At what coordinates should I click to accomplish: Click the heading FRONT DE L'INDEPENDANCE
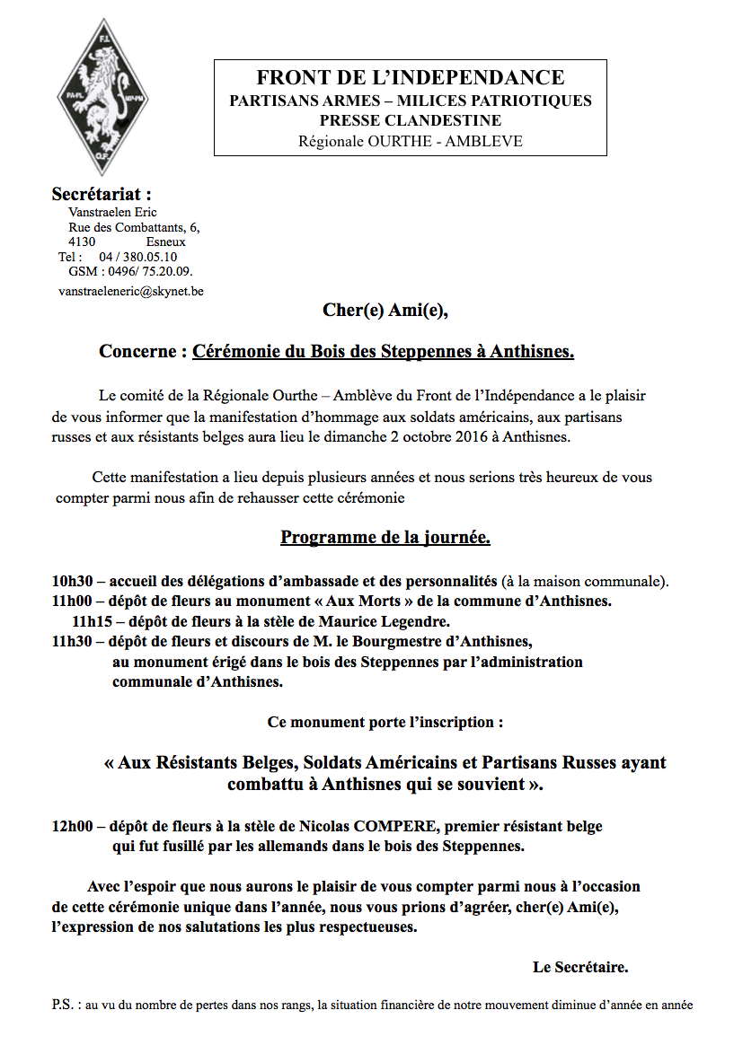tap(411, 78)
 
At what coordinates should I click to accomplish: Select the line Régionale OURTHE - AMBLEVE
tap(411, 141)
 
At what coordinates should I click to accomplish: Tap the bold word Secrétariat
tap(102, 194)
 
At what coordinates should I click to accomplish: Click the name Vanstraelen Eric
tap(112, 213)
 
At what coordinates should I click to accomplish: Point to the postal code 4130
tap(83, 242)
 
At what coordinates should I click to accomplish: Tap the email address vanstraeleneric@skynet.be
tap(130, 292)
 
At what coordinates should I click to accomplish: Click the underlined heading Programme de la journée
tap(385, 538)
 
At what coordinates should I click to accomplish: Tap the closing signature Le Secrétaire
tap(579, 967)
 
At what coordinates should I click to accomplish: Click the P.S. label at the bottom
tap(65, 1006)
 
